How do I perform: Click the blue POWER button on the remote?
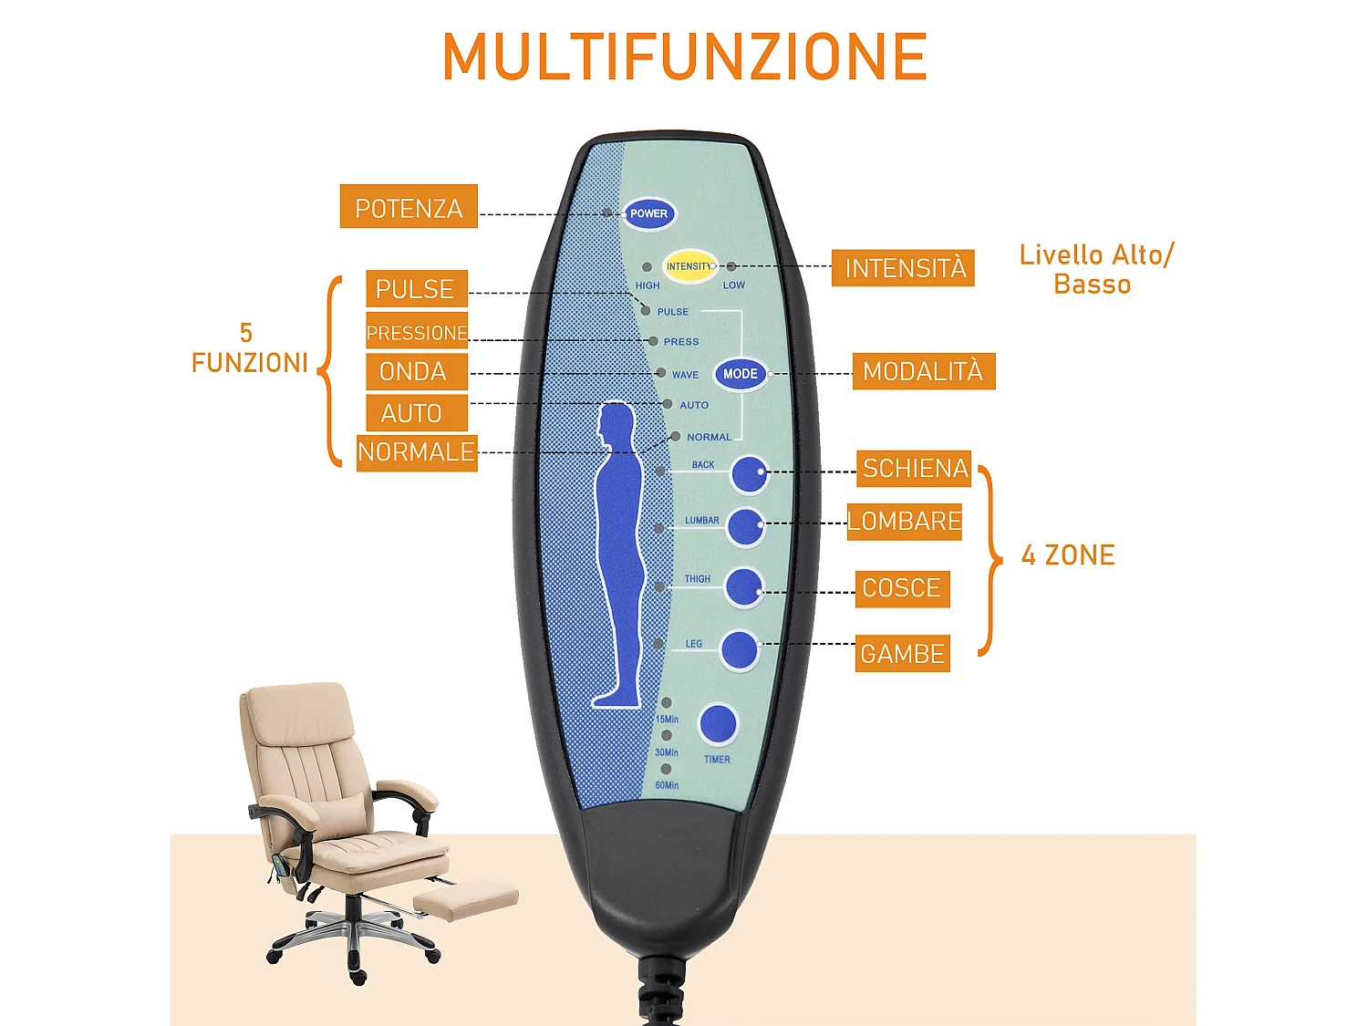click(648, 213)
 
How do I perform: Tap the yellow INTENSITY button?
click(689, 266)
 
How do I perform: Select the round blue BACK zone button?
click(749, 473)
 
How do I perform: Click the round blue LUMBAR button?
click(745, 526)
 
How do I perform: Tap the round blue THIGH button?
click(743, 586)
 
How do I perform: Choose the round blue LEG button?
click(740, 650)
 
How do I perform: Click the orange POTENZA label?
click(409, 207)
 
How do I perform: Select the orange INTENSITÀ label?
click(903, 268)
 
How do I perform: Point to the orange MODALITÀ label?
click(923, 371)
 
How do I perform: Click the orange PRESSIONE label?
click(417, 332)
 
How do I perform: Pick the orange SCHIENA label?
click(914, 469)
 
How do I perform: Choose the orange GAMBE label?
click(902, 654)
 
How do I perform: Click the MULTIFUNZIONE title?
click(684, 57)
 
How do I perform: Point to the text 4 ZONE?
click(1068, 555)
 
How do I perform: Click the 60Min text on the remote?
click(667, 785)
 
